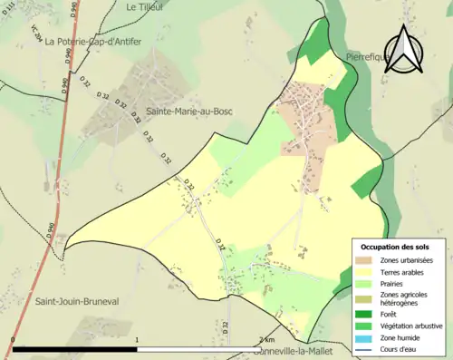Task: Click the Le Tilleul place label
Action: pos(143,6)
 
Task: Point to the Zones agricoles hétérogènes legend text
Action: pos(404,298)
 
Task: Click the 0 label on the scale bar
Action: pos(13,341)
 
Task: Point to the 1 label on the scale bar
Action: pos(137,341)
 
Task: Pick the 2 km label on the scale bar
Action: pos(266,340)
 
